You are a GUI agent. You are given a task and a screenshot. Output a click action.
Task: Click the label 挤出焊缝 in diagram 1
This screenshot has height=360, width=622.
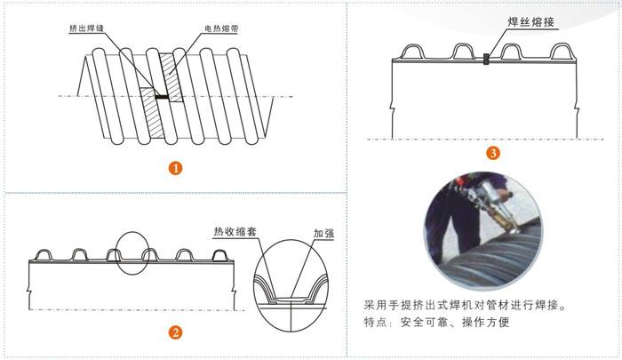[x=87, y=29]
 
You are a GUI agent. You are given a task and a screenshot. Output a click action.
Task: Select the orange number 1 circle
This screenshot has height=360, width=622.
[x=176, y=168]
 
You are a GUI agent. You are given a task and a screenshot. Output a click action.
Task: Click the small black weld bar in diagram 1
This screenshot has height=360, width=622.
[x=161, y=96]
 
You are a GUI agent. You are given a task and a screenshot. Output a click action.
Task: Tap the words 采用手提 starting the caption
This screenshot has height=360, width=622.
[x=388, y=303]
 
